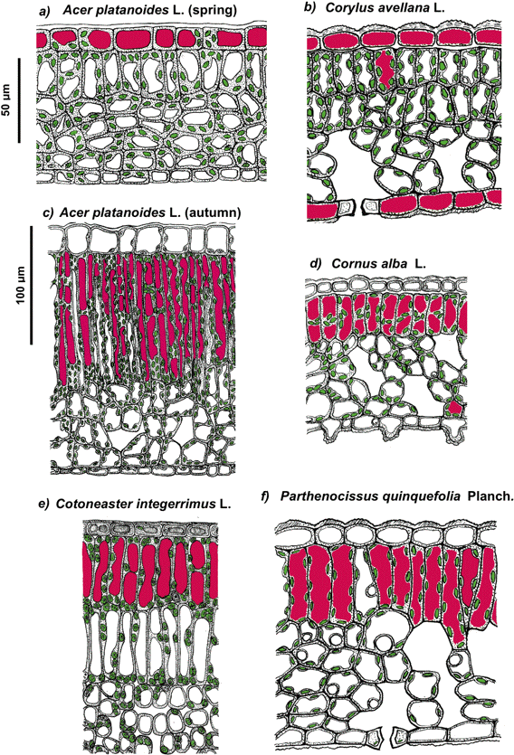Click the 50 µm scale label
[6, 100]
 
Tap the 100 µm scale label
[20, 285]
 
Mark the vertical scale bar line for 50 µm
[19, 100]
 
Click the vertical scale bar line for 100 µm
[32, 285]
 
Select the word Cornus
[349, 264]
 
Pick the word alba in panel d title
[388, 264]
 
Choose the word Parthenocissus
[315, 496]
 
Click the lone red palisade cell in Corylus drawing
[385, 68]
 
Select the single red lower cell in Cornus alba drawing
[453, 408]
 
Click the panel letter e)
[43, 505]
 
